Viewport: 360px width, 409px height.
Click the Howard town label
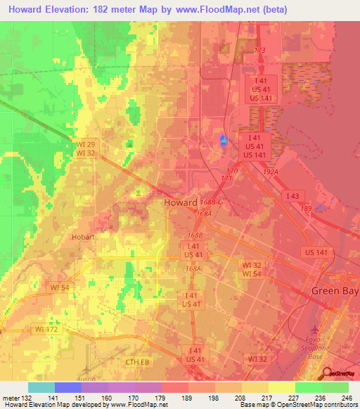tap(179, 202)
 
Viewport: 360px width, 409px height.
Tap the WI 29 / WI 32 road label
tap(86, 148)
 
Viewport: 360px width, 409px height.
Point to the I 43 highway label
tap(292, 195)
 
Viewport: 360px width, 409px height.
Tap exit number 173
tap(259, 51)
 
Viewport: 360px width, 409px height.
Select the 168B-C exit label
tap(210, 202)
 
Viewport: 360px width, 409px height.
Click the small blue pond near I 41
tap(224, 141)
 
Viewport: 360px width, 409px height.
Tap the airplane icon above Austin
tap(86, 370)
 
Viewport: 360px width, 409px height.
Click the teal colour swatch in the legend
tap(41, 387)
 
